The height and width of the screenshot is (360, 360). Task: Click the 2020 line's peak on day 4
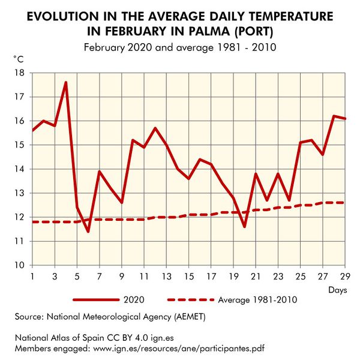tap(65, 82)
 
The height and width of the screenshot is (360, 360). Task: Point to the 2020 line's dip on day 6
tap(88, 231)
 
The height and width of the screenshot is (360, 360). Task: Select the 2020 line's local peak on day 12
tap(155, 128)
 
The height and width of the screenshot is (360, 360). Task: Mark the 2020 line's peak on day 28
tap(334, 116)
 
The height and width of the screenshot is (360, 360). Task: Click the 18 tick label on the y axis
tap(19, 73)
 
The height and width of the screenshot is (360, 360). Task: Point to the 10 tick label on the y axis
tap(19, 265)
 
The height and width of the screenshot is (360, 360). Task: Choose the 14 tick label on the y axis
tap(19, 169)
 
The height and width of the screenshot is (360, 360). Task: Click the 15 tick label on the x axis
tap(188, 277)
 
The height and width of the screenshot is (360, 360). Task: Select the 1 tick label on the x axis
tap(32, 277)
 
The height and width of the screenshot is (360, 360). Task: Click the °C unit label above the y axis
tap(19, 58)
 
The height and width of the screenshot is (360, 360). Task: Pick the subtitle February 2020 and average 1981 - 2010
tap(180, 47)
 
